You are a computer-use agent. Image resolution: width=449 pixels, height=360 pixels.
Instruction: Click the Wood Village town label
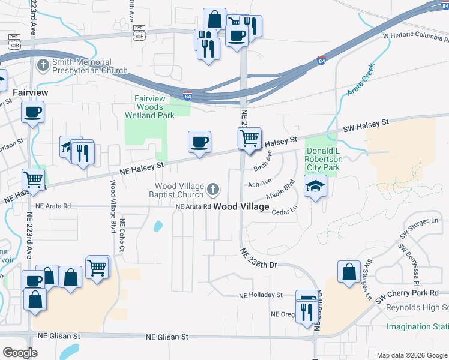pos(241,206)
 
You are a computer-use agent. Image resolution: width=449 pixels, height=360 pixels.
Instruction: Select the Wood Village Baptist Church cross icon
pos(212,191)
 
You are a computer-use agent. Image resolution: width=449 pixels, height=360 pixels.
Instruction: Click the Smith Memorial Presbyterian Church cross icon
pos(43,64)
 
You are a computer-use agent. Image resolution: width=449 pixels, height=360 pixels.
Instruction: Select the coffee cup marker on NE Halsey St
pos(199,142)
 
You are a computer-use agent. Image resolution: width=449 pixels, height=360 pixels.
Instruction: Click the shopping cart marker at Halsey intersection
pos(249,139)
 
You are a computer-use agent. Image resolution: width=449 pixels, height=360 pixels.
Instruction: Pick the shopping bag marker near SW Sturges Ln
pos(349,271)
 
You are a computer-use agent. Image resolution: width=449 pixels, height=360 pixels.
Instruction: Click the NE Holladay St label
pos(260,295)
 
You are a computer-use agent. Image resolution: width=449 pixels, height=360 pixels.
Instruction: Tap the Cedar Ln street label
pos(284,212)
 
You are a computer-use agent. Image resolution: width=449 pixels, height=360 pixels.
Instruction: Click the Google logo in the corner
pos(20,353)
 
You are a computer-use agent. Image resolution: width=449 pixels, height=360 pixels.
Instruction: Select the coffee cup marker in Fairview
pos(32,111)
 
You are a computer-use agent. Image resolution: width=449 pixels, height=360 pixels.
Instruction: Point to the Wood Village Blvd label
pos(113,206)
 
